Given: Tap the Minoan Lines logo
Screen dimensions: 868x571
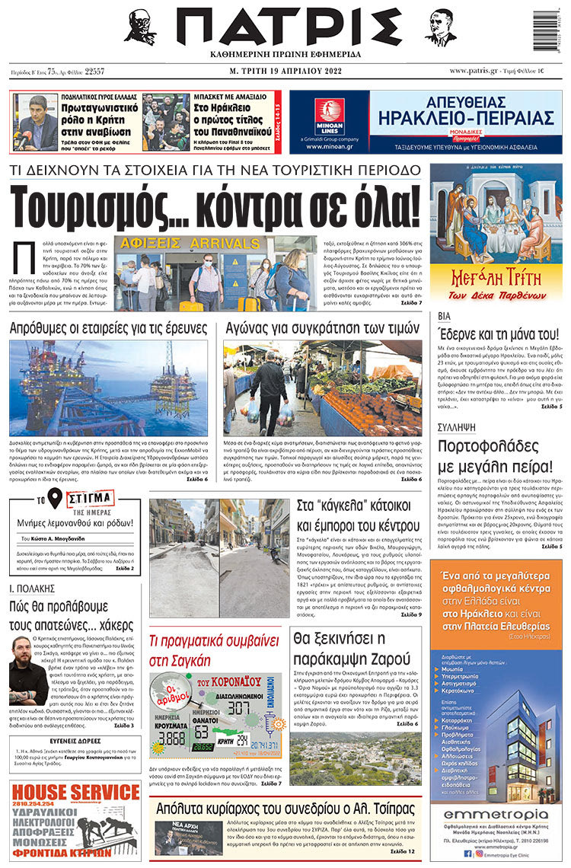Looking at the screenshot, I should click(x=329, y=116).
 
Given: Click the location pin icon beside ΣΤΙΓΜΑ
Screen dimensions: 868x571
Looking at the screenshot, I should click(x=54, y=499).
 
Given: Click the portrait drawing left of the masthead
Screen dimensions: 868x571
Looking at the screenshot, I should click(x=140, y=28).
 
